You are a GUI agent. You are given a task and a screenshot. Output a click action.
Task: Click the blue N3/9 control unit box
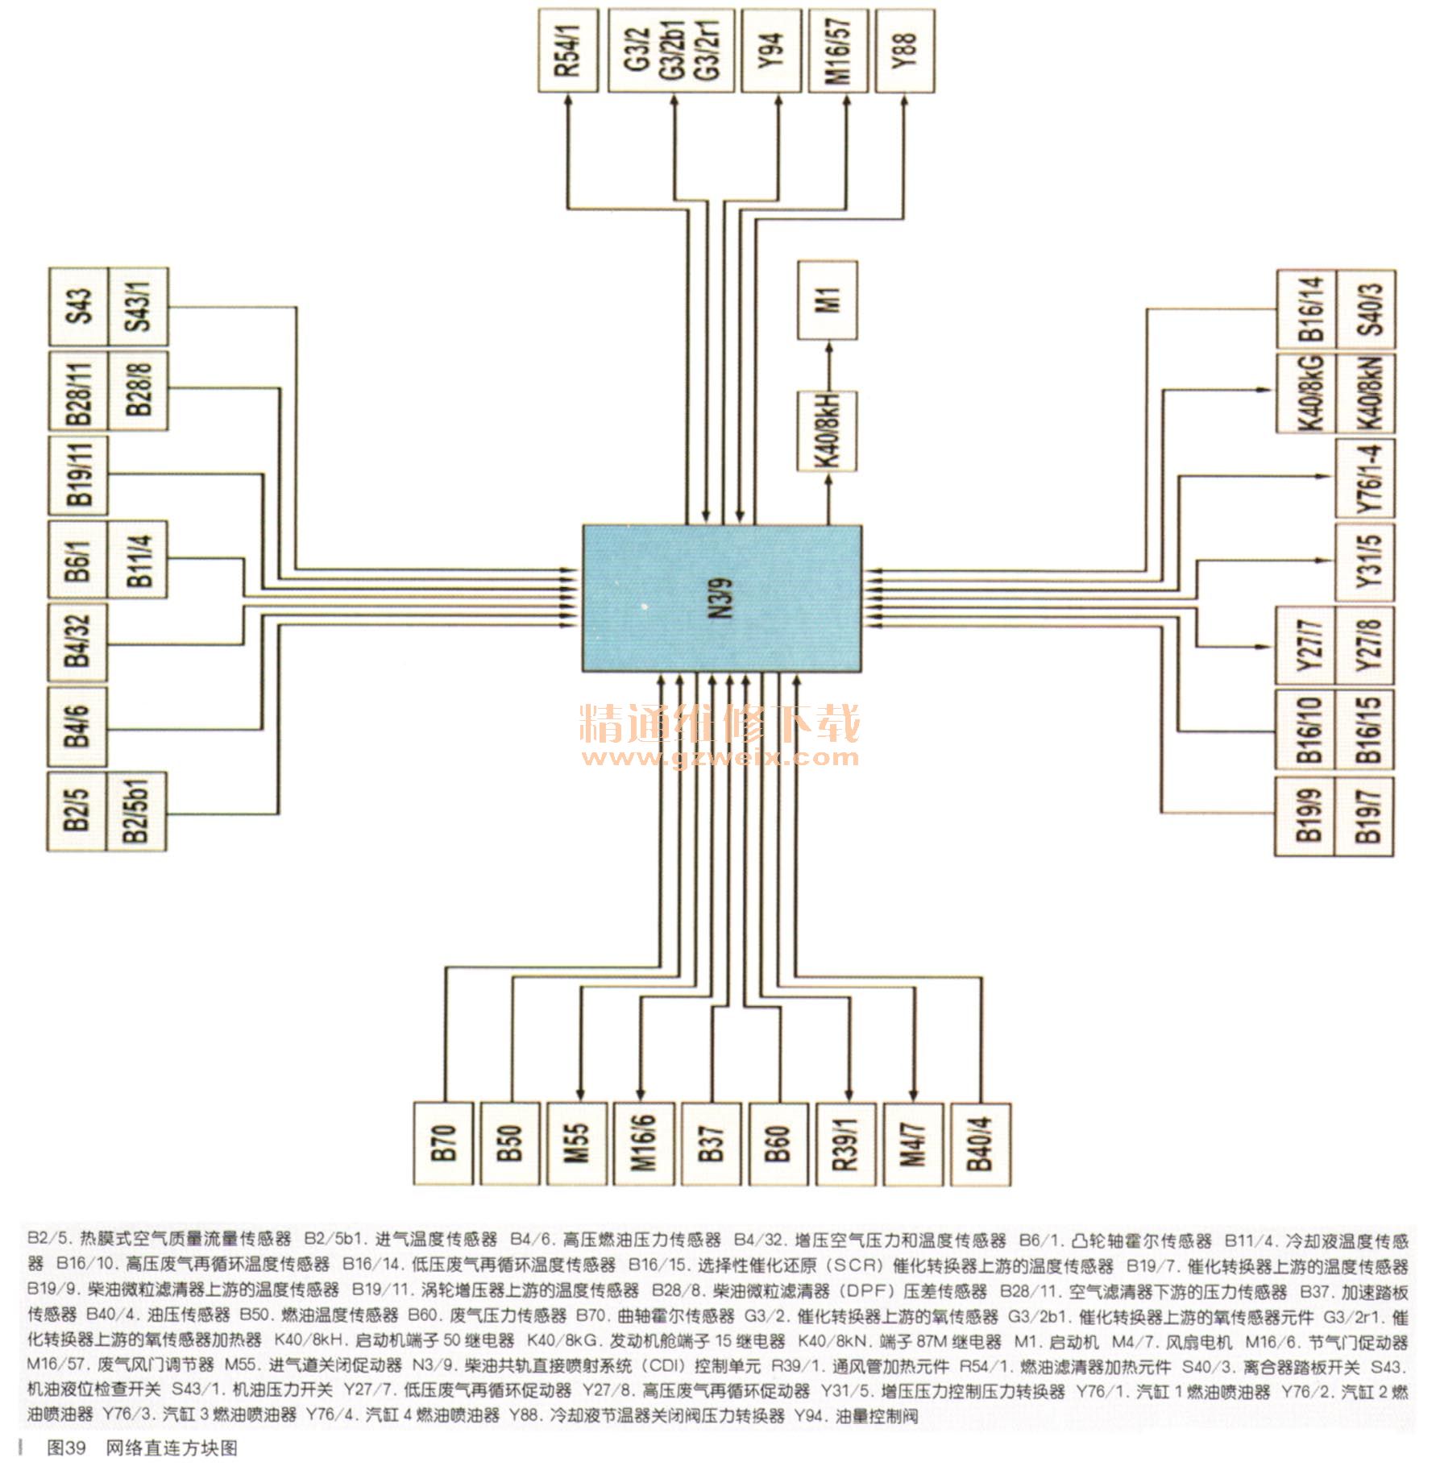[x=722, y=598]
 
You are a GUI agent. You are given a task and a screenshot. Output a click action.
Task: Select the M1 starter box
[x=828, y=300]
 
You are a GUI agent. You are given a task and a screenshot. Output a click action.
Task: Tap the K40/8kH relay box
[x=828, y=430]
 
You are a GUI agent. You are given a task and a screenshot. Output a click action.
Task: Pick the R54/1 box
[x=568, y=50]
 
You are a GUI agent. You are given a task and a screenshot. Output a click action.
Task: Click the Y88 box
[x=904, y=50]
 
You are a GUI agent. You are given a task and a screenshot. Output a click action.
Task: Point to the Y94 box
[x=770, y=50]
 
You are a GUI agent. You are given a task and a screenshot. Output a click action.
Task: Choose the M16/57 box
[x=838, y=50]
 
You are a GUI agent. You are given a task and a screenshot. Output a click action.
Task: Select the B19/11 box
[x=78, y=475]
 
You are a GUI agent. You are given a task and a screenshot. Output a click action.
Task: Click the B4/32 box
[x=78, y=642]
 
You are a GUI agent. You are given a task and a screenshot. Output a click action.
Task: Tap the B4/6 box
[x=78, y=727]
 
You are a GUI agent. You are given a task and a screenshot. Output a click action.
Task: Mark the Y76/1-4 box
[x=1365, y=478]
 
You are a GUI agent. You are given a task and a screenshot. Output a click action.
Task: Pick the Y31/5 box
[x=1365, y=562]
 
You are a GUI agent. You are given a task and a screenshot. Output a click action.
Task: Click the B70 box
[x=443, y=1144]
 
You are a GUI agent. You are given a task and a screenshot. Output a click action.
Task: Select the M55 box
[x=577, y=1144]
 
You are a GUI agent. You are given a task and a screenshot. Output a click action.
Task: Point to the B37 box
[x=712, y=1144]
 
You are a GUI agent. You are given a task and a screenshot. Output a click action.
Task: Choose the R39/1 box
[x=845, y=1144]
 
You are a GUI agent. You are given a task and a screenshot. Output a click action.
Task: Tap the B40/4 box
[x=980, y=1144]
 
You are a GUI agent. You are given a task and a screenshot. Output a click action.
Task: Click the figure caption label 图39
[x=66, y=1447]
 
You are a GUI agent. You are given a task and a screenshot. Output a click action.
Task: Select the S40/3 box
[x=1367, y=309]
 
